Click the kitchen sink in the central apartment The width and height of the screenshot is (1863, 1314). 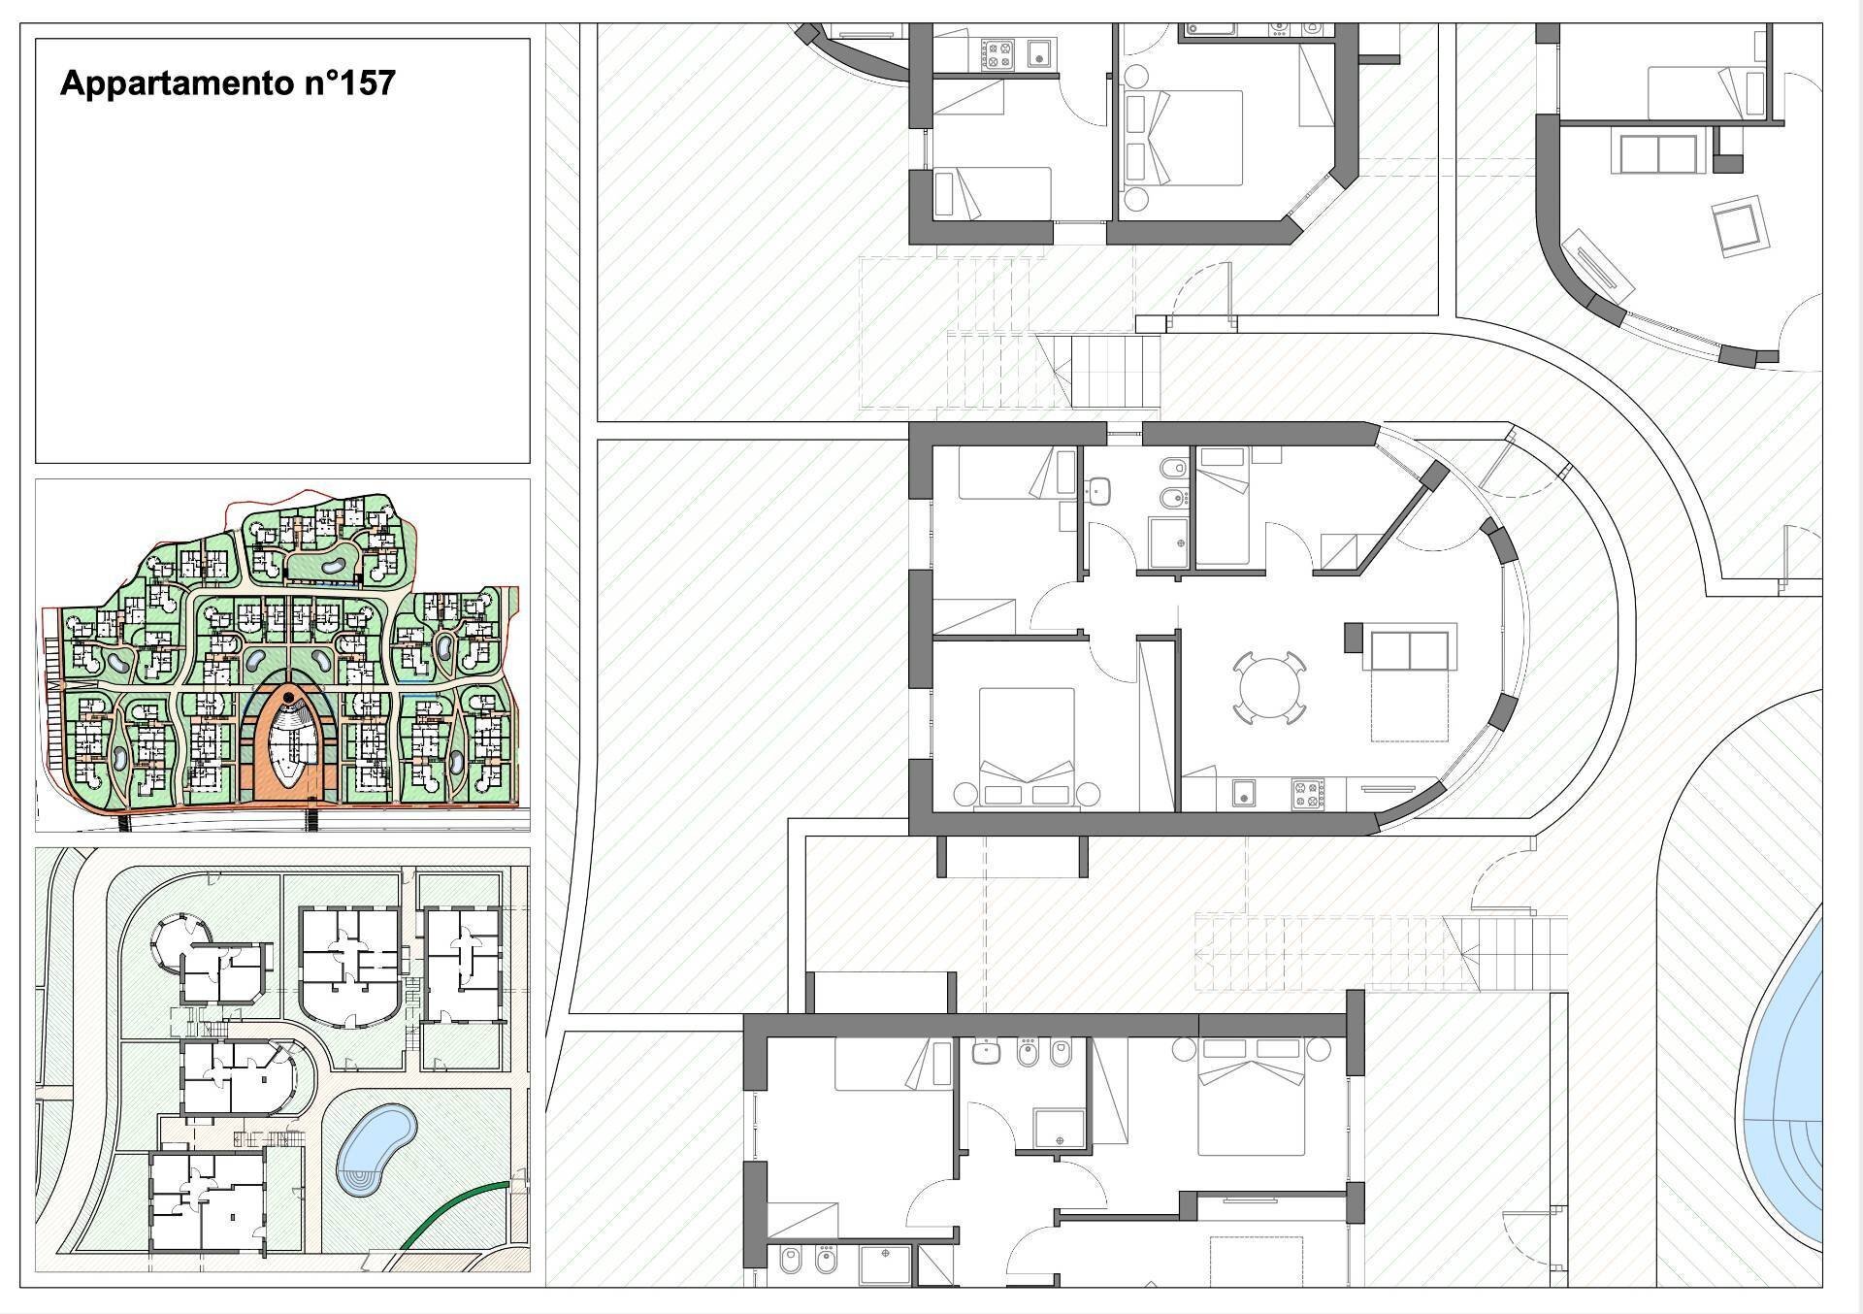coord(1241,794)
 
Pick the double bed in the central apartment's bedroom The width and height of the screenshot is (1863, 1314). coord(1027,746)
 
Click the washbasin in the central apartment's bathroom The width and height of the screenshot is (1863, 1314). coord(1098,492)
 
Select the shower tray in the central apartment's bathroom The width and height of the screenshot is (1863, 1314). coord(1168,542)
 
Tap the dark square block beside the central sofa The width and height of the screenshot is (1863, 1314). coord(1353,638)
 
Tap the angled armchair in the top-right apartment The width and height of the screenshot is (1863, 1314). coord(1738,227)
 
